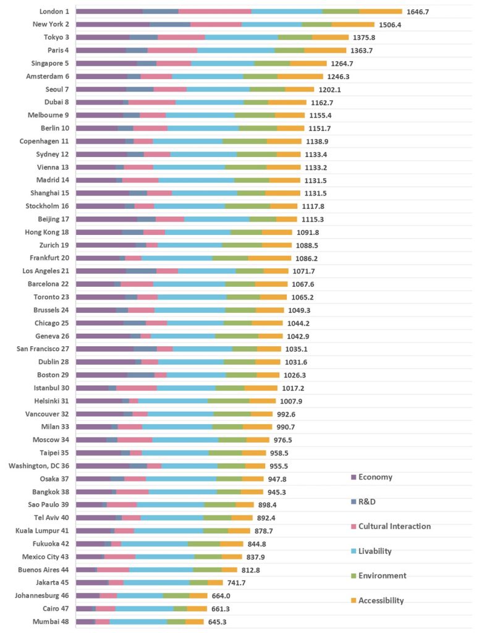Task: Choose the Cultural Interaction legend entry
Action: coord(394,526)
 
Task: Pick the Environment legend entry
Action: coord(382,576)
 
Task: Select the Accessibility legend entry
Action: coord(381,600)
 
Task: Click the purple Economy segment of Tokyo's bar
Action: coord(103,37)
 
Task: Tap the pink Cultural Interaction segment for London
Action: coord(215,11)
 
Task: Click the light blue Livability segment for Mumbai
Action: coord(138,621)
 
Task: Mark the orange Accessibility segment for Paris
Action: coord(325,50)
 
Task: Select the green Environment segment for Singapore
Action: coord(272,63)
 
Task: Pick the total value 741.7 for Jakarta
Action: coord(237,582)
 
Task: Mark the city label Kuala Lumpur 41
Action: coord(43,530)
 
